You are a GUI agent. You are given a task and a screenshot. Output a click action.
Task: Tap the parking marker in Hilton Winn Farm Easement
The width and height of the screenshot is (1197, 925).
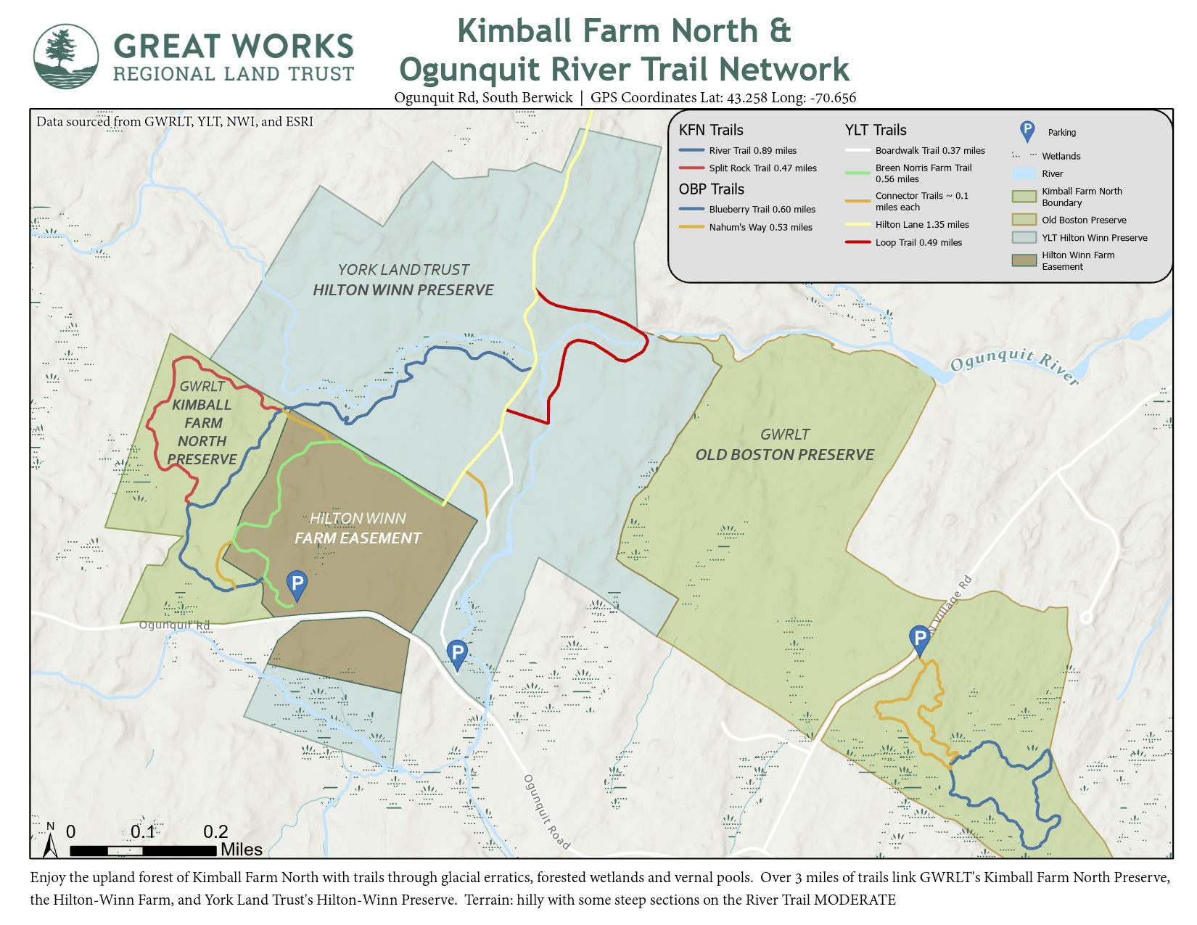(x=296, y=583)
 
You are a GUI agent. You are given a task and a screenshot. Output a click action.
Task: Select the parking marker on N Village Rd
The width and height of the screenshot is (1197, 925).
(x=919, y=639)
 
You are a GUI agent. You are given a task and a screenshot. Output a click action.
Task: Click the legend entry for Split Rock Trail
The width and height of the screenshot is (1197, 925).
(x=762, y=168)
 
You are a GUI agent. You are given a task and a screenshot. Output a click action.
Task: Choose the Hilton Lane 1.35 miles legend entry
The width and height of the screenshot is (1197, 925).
(x=921, y=225)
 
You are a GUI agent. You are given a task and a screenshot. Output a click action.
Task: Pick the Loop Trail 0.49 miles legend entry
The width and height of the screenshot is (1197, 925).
(x=918, y=243)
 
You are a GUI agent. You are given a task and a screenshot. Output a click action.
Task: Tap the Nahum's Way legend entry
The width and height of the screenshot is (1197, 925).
(x=760, y=228)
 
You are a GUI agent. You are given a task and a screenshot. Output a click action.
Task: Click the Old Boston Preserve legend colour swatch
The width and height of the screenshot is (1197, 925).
(x=1024, y=220)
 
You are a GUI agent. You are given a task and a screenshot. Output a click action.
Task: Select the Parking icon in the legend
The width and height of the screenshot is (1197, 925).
(x=1027, y=131)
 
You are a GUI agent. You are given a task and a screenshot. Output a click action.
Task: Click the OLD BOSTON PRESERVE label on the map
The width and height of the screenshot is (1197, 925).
(x=784, y=455)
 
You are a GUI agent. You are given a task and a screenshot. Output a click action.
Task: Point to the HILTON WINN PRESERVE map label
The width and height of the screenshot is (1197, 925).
(x=403, y=290)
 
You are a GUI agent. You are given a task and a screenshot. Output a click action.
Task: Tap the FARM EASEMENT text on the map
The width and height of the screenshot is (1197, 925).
(x=358, y=538)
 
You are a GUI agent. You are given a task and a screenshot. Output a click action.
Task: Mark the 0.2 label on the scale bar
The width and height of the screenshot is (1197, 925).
(x=215, y=832)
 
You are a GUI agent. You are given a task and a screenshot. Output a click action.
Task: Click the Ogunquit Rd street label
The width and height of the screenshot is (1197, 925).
(x=174, y=625)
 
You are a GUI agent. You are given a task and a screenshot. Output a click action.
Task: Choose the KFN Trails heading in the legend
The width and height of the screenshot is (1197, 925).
(x=711, y=131)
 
